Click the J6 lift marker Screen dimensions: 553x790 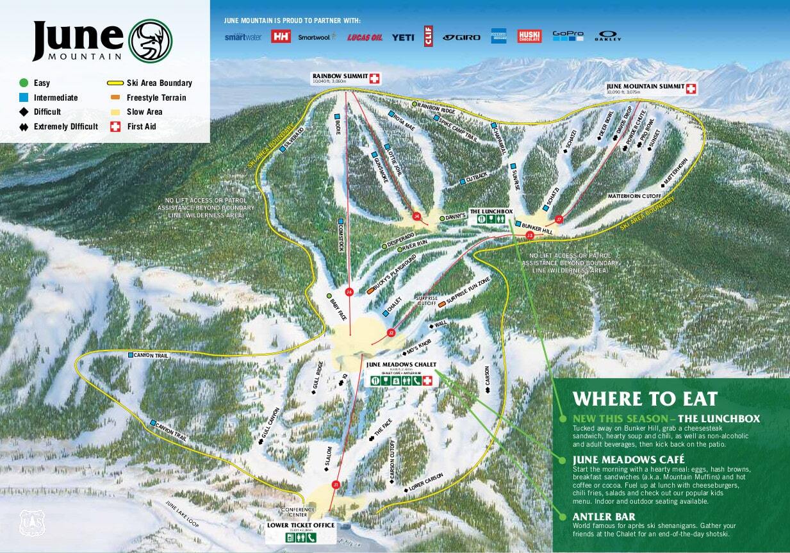point(349,292)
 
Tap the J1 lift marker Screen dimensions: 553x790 point(335,485)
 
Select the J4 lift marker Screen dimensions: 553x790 point(417,217)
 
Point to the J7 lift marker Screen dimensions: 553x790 point(559,219)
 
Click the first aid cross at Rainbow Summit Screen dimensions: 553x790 point(374,78)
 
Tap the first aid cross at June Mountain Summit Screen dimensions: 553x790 point(691,88)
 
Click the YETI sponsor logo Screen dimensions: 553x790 point(403,37)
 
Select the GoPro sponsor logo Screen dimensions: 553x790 point(568,36)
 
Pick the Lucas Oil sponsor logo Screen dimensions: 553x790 point(365,37)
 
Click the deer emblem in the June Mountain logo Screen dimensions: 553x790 point(151,40)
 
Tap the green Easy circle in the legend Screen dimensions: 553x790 point(24,83)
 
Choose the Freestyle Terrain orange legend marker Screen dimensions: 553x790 point(115,97)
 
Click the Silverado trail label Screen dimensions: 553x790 point(293,137)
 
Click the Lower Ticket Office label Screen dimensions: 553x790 point(300,525)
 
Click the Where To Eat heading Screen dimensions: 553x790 point(645,399)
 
